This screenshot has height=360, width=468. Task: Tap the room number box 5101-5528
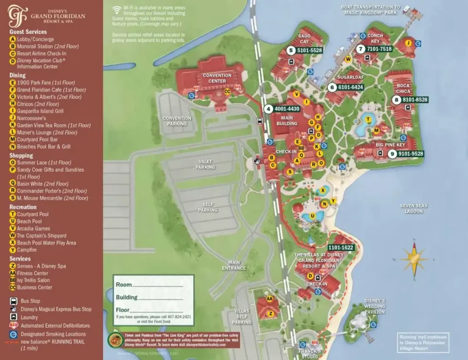coord(309,51)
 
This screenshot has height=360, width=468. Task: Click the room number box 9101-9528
coord(410,154)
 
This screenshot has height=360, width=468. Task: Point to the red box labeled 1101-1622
coord(341,247)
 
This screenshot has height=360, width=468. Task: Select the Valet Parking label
coord(205,164)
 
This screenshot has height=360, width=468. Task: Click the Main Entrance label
coord(234,266)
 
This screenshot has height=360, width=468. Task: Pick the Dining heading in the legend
coord(18,76)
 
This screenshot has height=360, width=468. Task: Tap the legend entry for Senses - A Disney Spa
coord(43,266)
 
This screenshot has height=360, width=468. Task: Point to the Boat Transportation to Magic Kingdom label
coord(370,10)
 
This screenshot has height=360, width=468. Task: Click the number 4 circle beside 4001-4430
coord(268,109)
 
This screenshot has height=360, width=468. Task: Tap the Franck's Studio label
coord(310,353)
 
